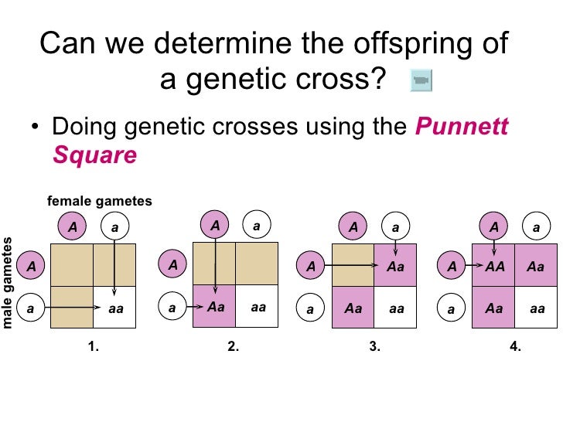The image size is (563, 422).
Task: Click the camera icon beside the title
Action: pos(421,80)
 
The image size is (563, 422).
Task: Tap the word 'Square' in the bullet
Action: pos(94,156)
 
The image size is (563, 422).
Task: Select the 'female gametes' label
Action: pos(100,202)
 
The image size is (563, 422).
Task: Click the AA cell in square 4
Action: pos(493,266)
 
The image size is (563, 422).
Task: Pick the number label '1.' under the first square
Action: pos(94,347)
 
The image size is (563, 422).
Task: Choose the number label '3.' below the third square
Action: pos(375,347)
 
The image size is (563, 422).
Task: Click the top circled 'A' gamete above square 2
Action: pos(215,225)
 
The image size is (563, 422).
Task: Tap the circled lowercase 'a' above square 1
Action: pos(114,227)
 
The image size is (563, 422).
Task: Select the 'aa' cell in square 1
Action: pos(116,308)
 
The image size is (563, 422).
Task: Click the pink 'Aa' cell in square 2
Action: pos(216,307)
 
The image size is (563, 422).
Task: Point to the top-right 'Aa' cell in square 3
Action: pos(396,267)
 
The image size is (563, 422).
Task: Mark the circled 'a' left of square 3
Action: pos(310,308)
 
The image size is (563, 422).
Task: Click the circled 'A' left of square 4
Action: pos(451,267)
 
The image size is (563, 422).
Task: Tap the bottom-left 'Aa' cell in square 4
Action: pos(493,308)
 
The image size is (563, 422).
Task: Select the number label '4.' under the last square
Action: pos(516,347)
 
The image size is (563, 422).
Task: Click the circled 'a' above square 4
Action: pos(536,227)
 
